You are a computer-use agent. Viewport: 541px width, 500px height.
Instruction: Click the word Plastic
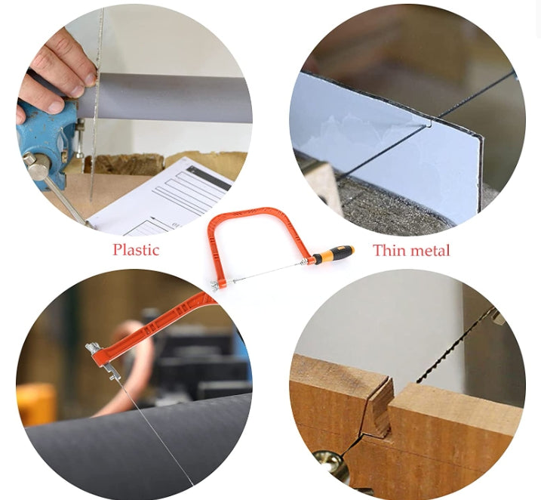tap(137, 250)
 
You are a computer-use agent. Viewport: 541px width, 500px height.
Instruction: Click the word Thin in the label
tap(388, 250)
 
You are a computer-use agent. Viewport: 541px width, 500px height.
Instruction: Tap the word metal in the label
tap(429, 250)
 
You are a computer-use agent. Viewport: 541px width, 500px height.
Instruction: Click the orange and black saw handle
tap(332, 253)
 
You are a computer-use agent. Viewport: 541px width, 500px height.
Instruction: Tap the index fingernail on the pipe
tap(91, 79)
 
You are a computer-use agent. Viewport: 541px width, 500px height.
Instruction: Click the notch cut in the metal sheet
tap(429, 122)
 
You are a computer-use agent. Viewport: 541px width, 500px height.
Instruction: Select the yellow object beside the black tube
tap(35, 403)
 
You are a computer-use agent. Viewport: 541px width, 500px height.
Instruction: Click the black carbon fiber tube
tap(138, 446)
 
